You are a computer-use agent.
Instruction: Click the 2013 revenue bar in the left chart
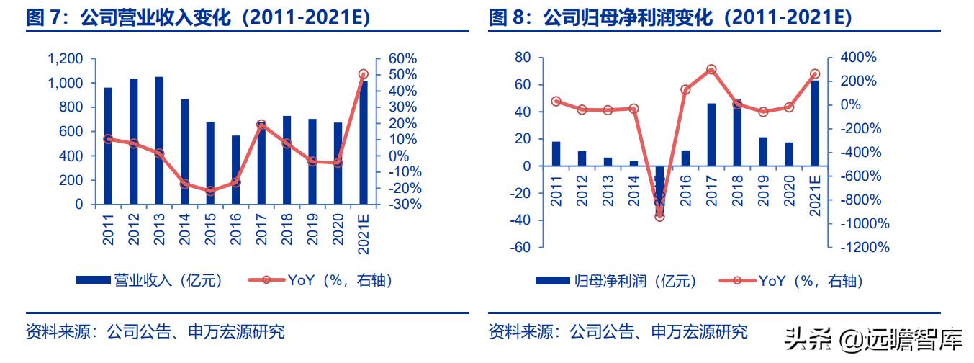[159, 140]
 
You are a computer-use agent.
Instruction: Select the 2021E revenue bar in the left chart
[363, 144]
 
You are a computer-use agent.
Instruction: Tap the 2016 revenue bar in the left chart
[235, 170]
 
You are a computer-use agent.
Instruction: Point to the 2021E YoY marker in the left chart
[363, 74]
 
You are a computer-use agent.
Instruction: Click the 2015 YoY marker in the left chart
[210, 192]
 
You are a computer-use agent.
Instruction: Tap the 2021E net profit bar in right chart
[815, 123]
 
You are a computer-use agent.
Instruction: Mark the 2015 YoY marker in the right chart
[660, 216]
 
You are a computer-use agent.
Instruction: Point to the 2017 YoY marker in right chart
[711, 70]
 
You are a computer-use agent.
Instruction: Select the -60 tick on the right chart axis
[518, 248]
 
